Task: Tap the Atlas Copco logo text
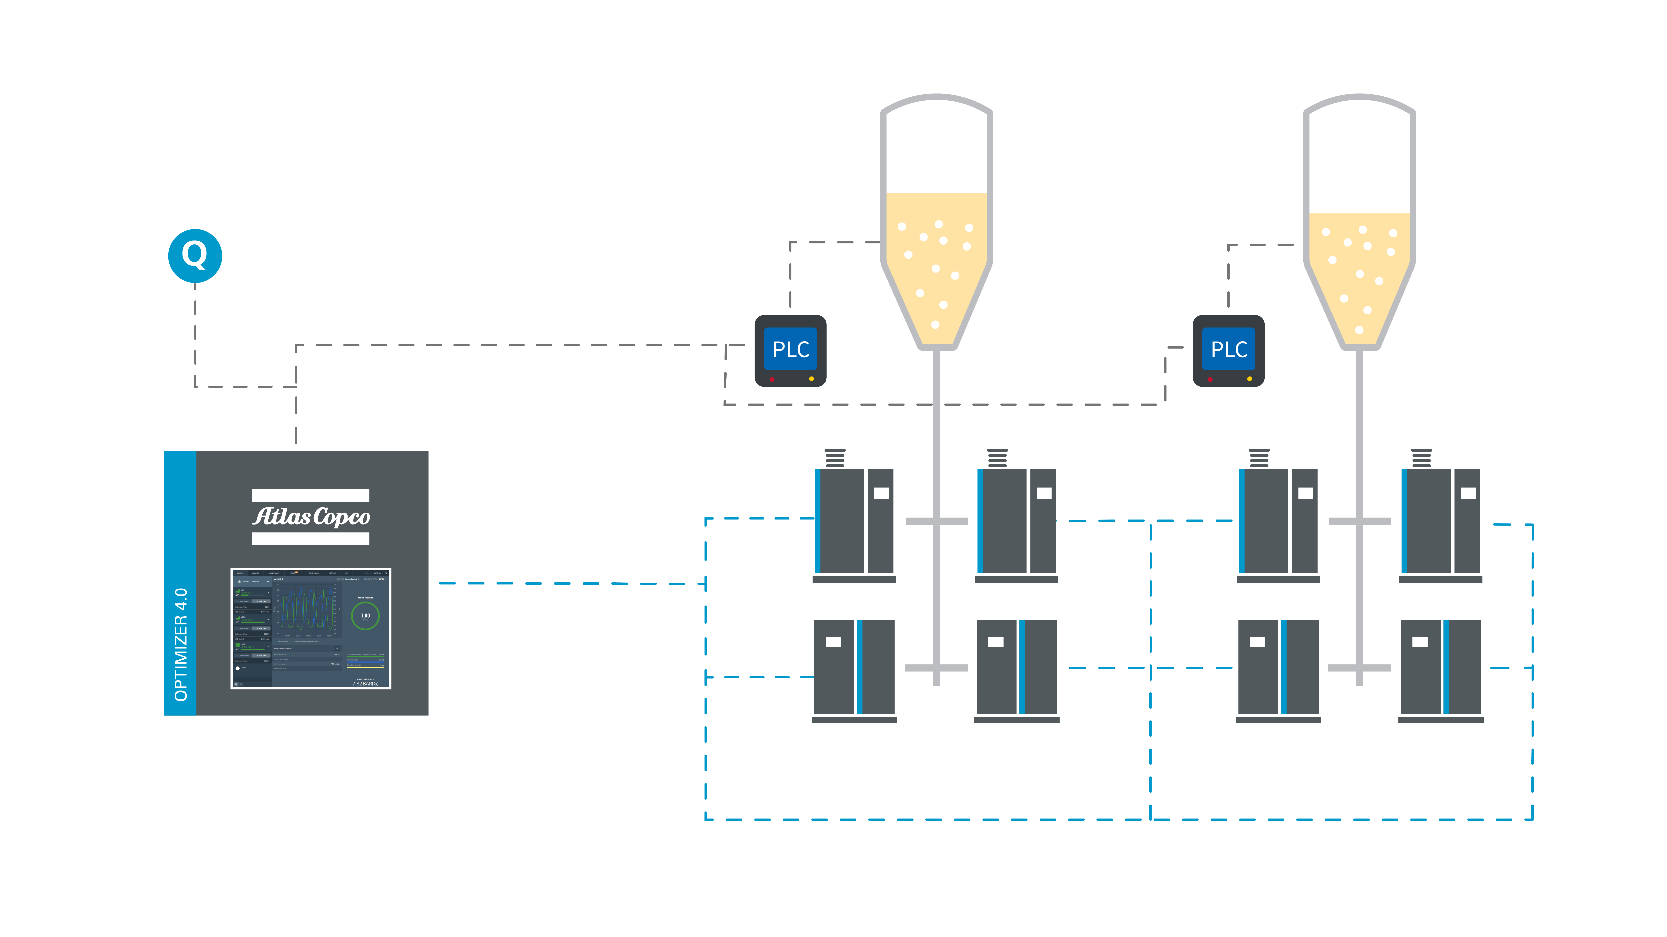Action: pos(311,517)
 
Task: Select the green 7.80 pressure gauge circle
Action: pos(365,616)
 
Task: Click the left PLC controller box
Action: pos(790,350)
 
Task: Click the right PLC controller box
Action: pos(1228,350)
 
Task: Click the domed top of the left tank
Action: pos(936,107)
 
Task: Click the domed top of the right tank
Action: pos(1359,107)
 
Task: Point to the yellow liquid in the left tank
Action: pos(936,259)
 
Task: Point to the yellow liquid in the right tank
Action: pos(1359,272)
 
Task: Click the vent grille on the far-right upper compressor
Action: pos(1421,458)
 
